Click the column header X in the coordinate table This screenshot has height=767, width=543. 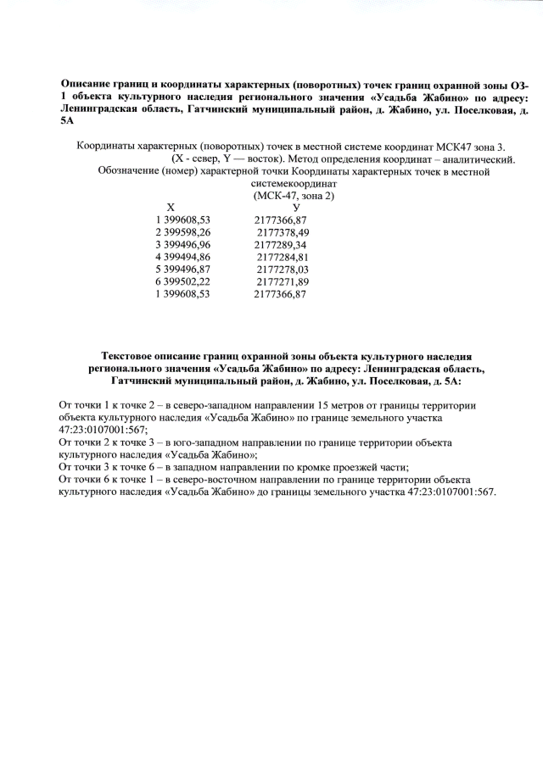tap(171, 207)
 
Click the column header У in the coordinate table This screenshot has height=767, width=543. tap(295, 207)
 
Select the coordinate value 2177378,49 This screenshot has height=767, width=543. tap(283, 231)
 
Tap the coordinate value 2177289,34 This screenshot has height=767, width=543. tap(280, 244)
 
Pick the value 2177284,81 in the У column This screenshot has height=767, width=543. tap(283, 257)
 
